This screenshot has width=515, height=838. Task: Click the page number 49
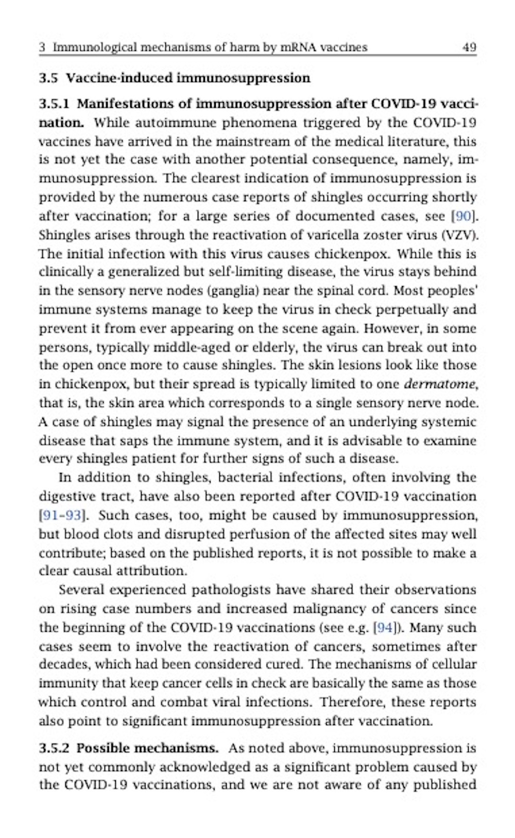(x=469, y=47)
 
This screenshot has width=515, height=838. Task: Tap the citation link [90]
(x=461, y=216)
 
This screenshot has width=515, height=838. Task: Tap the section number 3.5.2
(x=54, y=748)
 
